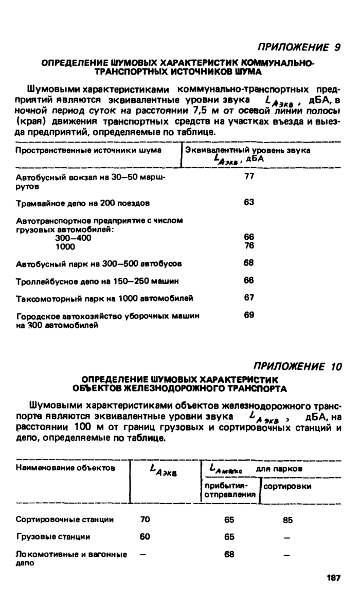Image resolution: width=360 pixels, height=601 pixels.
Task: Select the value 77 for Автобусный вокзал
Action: click(x=249, y=176)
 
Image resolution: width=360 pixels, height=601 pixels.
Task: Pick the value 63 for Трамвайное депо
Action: click(x=249, y=202)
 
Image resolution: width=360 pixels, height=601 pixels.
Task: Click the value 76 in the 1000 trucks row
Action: click(x=249, y=245)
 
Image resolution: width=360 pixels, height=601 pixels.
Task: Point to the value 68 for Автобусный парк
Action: click(x=249, y=263)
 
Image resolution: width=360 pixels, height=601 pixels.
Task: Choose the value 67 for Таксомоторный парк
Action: click(x=249, y=297)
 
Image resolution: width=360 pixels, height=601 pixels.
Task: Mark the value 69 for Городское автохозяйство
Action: click(x=249, y=315)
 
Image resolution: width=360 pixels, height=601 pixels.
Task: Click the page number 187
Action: click(x=333, y=578)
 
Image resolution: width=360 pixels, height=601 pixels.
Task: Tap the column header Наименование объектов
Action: click(x=64, y=468)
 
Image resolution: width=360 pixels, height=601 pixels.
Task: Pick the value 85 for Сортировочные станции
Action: click(x=287, y=520)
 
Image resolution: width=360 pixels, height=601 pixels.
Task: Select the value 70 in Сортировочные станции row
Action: click(x=145, y=519)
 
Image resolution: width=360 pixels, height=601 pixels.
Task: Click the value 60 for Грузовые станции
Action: click(x=145, y=536)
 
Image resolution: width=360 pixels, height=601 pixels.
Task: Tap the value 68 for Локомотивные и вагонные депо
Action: click(x=229, y=554)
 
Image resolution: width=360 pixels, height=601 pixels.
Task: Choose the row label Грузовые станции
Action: click(x=53, y=537)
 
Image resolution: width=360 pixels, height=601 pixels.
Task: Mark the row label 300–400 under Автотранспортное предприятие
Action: click(x=73, y=238)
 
